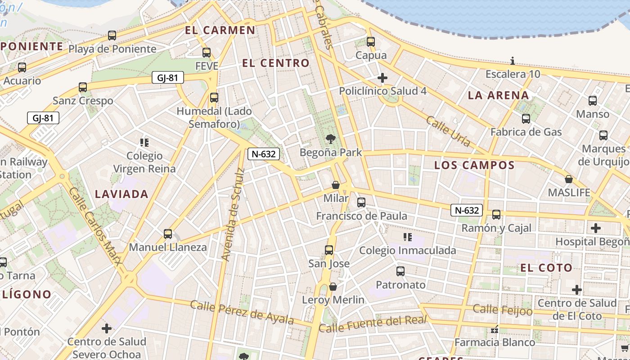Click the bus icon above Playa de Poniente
click(112, 35)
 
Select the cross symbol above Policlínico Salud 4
click(382, 78)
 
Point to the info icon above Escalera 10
click(513, 61)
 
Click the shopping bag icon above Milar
click(335, 185)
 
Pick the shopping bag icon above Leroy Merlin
click(333, 287)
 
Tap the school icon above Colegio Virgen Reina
click(144, 143)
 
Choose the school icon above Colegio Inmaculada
click(408, 237)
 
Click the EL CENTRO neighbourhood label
click(276, 63)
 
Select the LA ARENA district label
click(498, 95)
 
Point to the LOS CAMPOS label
click(474, 165)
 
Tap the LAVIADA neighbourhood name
click(121, 194)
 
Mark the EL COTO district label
click(546, 268)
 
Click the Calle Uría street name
click(448, 131)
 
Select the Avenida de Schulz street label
click(233, 214)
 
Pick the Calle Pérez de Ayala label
click(242, 312)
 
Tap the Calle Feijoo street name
click(503, 310)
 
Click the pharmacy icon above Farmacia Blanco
click(495, 330)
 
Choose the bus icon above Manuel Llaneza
click(168, 234)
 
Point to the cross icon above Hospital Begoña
click(596, 228)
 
